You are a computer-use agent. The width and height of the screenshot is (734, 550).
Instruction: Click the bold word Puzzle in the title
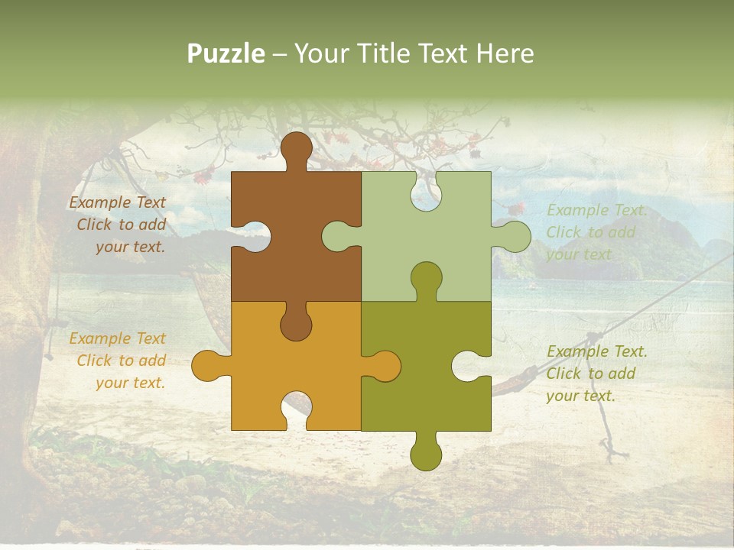(226, 53)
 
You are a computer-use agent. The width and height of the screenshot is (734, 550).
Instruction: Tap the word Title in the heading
(379, 53)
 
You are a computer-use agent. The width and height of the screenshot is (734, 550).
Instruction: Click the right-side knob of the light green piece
(513, 236)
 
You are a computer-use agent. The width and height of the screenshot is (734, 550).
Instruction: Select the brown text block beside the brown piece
(119, 225)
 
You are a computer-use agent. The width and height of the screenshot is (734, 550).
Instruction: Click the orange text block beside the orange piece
(119, 361)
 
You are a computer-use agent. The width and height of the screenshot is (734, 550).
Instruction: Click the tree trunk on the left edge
(19, 290)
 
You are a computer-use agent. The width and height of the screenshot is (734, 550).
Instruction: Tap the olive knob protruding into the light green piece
(426, 278)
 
